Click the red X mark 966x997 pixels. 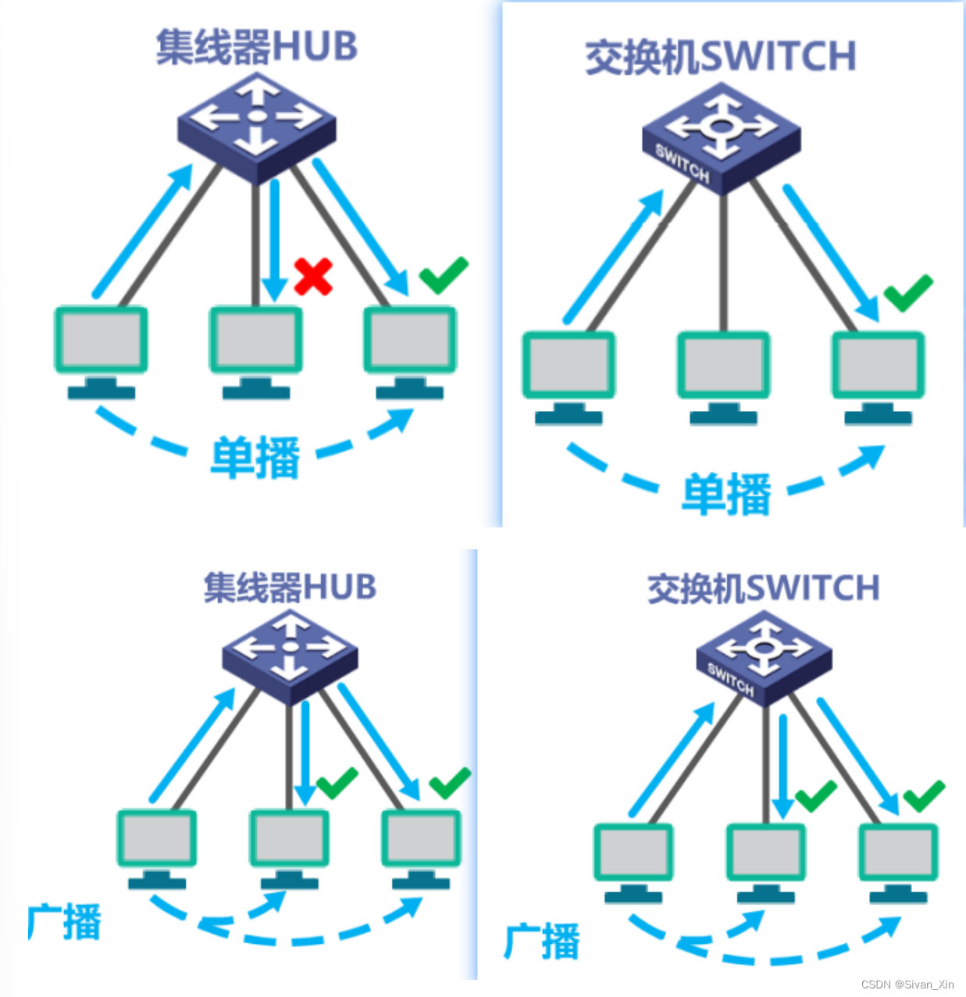[314, 277]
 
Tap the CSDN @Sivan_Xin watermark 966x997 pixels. [907, 984]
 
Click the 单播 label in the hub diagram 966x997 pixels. [255, 457]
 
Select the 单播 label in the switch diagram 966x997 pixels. [726, 494]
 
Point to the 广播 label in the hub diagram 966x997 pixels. [65, 922]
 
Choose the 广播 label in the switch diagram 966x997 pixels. [542, 941]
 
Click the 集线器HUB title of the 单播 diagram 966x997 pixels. [256, 47]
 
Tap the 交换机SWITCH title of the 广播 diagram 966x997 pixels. [763, 588]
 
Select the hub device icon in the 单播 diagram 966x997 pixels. [256, 125]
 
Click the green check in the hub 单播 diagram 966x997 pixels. [444, 274]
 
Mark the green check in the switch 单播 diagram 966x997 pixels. [908, 292]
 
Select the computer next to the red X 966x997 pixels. [255, 350]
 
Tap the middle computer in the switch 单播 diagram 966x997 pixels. [723, 375]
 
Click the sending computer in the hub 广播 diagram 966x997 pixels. [157, 847]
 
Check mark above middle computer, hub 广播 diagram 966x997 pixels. [337, 783]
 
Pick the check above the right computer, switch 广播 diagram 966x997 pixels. [924, 795]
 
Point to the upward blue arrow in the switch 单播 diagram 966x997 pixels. [613, 258]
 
